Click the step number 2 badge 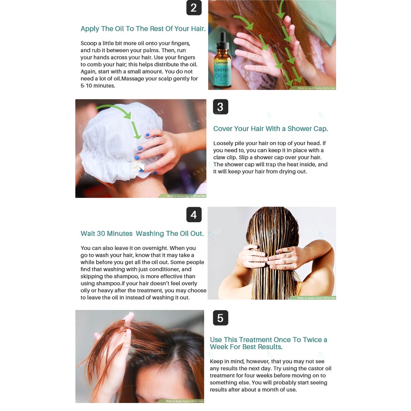pos(194,8)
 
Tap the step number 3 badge pos(220,107)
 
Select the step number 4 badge pos(194,214)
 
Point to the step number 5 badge pos(220,318)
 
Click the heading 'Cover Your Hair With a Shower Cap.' pos(271,129)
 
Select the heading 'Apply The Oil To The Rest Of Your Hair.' pos(143,29)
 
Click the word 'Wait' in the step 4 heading pos(88,234)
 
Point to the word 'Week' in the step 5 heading pos(219,347)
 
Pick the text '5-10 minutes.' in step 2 pos(98,86)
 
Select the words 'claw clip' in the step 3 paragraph pos(225,157)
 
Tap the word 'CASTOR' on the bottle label pos(222,70)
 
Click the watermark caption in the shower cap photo pos(186,196)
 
